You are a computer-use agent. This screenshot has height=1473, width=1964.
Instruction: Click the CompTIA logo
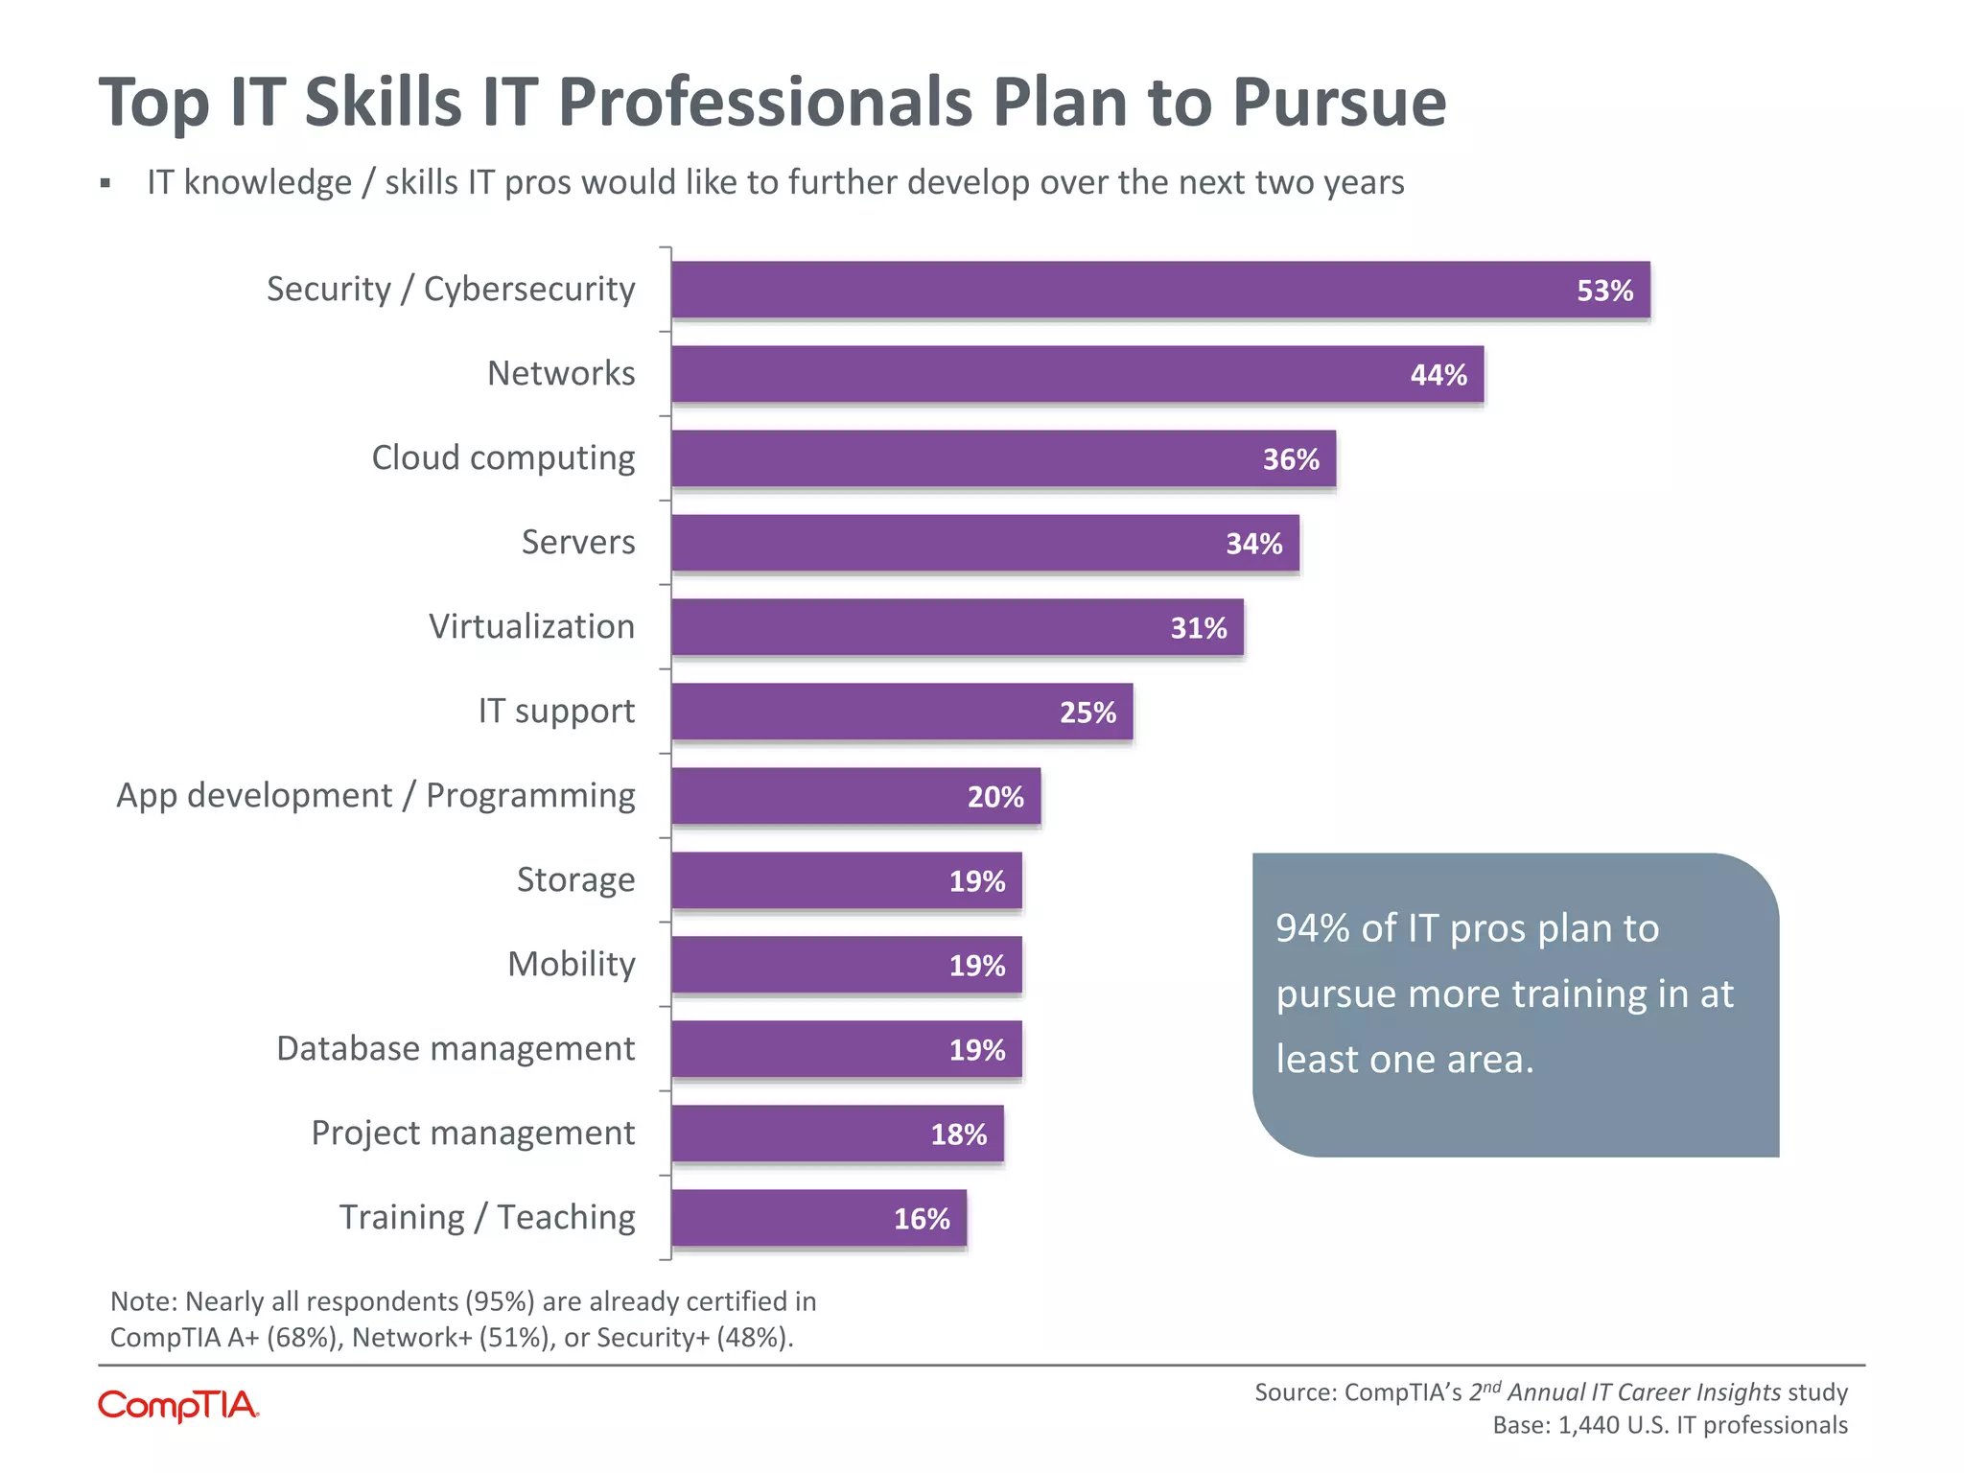178,1406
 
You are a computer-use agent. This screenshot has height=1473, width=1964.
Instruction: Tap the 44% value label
1438,375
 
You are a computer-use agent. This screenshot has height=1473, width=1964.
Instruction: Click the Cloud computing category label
503,458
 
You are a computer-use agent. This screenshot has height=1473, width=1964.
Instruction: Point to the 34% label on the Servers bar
1253,544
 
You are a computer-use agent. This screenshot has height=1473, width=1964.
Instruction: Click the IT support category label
556,712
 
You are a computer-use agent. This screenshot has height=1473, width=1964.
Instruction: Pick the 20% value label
994,797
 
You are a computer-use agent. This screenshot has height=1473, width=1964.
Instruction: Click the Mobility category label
571,965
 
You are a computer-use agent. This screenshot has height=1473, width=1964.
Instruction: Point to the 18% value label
958,1134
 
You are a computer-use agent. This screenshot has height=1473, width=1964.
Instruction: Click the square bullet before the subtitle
105,183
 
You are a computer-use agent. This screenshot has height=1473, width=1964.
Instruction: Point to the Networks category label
561,374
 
